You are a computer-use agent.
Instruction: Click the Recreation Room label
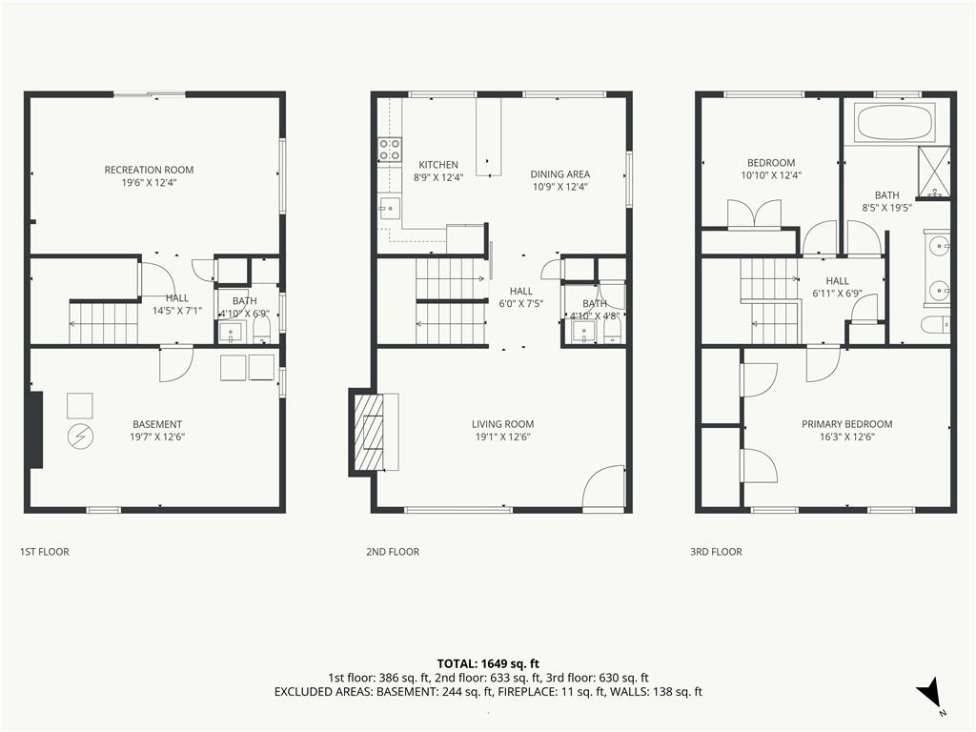(x=149, y=170)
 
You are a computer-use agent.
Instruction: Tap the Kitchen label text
(x=438, y=165)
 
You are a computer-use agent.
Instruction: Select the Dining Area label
(x=560, y=174)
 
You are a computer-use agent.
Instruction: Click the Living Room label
(x=502, y=424)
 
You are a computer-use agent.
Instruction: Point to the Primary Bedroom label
(x=846, y=424)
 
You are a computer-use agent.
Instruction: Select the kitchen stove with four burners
(x=390, y=150)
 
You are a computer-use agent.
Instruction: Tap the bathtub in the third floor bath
(x=896, y=122)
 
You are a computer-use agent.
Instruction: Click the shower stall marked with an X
(x=935, y=172)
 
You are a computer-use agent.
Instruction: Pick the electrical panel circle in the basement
(x=80, y=437)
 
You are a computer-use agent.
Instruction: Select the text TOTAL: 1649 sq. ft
(x=488, y=663)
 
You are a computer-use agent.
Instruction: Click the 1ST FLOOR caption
(x=44, y=552)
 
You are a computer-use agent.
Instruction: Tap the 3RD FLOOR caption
(x=716, y=552)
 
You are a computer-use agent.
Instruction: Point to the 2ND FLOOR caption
(x=392, y=552)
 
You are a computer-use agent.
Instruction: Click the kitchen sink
(x=390, y=208)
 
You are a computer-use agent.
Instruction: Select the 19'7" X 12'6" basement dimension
(x=157, y=437)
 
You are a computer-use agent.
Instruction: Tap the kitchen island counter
(x=489, y=137)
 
